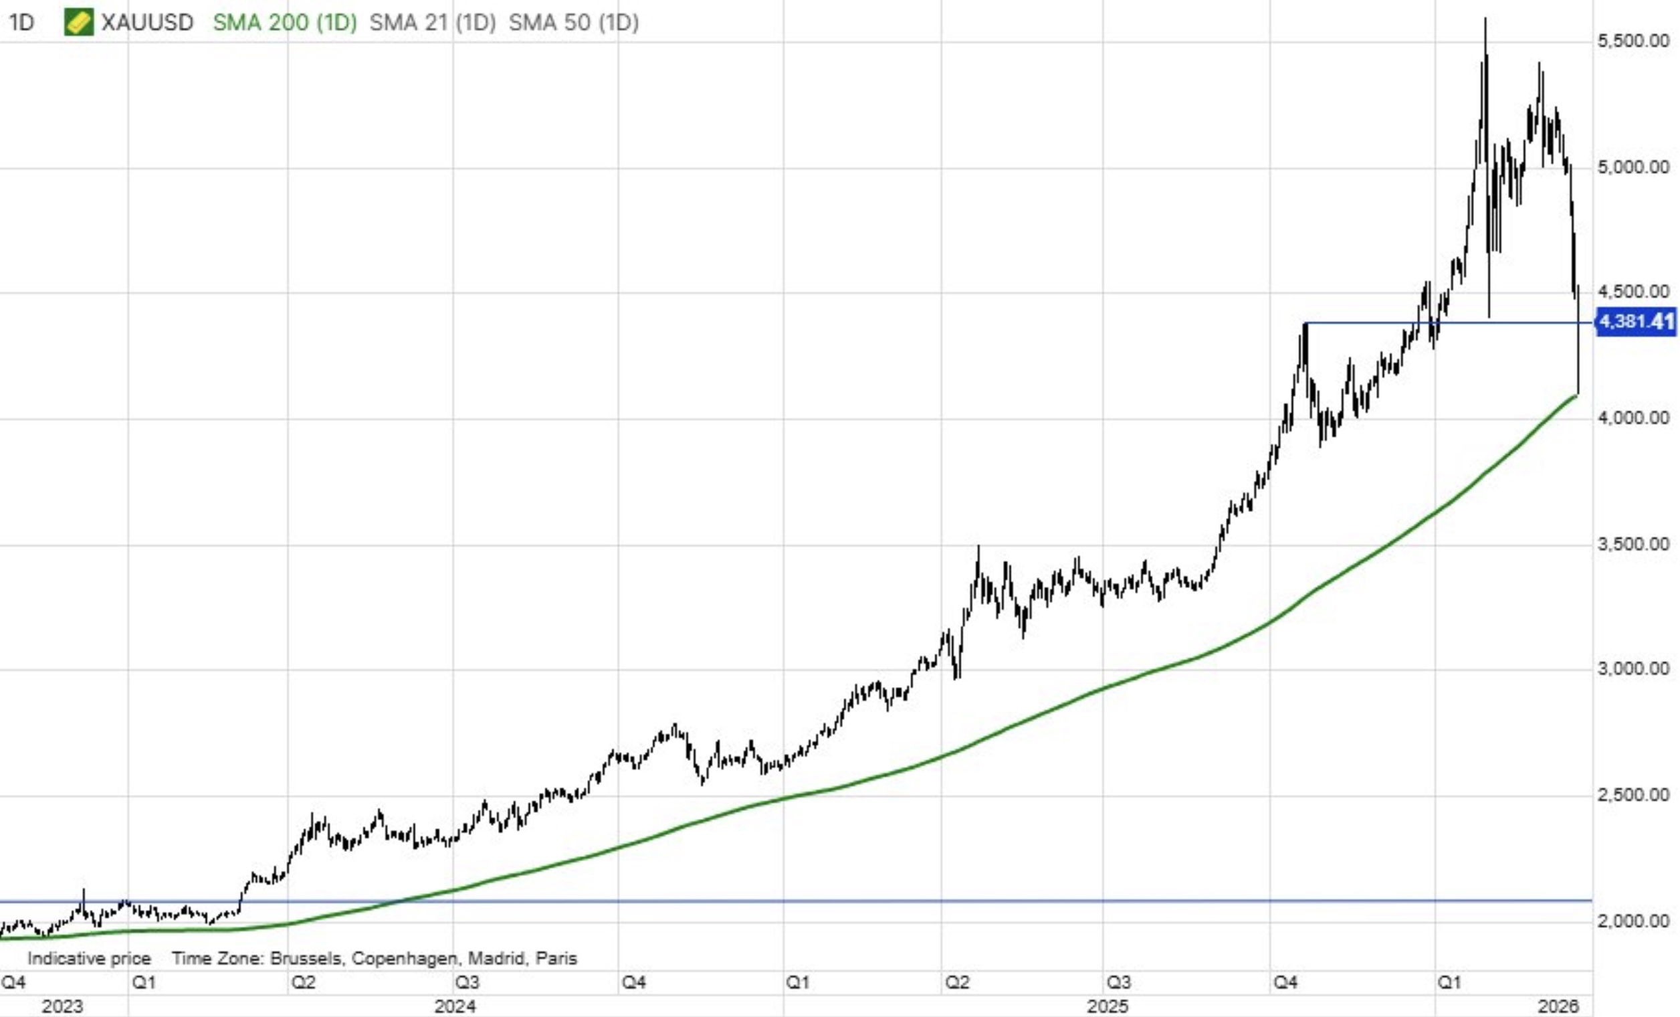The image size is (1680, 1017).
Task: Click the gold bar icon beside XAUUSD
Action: click(x=78, y=23)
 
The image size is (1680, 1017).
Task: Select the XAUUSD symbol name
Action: click(x=147, y=23)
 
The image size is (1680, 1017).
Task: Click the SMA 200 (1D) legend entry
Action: click(x=284, y=23)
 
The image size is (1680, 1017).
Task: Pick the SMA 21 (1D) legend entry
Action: click(x=432, y=23)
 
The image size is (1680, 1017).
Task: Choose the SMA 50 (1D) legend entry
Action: click(x=573, y=23)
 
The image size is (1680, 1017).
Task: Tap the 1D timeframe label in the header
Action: click(x=21, y=23)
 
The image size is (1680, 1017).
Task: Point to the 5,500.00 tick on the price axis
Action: click(x=1633, y=41)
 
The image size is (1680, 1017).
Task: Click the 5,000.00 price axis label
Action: click(x=1633, y=167)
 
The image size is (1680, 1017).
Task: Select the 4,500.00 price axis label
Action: click(x=1633, y=292)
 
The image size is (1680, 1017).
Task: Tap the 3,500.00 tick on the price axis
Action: click(x=1633, y=545)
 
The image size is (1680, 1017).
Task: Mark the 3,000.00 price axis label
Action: click(x=1633, y=668)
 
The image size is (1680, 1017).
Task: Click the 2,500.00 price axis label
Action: click(x=1633, y=796)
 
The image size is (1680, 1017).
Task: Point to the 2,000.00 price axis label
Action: click(x=1633, y=921)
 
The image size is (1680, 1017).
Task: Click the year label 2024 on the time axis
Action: click(x=455, y=1006)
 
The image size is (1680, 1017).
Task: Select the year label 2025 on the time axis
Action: click(x=1108, y=1006)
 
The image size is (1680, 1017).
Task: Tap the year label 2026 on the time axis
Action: click(x=1559, y=1006)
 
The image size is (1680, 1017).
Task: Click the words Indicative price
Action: click(x=89, y=958)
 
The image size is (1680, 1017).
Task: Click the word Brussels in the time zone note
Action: click(x=306, y=958)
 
